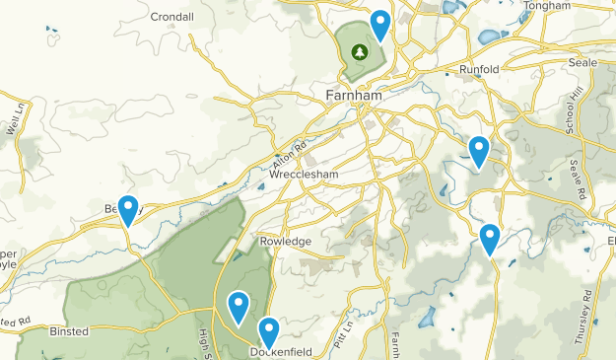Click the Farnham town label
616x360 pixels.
click(x=353, y=96)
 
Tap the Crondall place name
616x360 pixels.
click(x=173, y=16)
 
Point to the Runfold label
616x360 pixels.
click(x=479, y=69)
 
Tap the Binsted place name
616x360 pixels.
click(x=68, y=331)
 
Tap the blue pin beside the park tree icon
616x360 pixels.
click(x=379, y=25)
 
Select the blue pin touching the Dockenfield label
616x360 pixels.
click(x=268, y=332)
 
